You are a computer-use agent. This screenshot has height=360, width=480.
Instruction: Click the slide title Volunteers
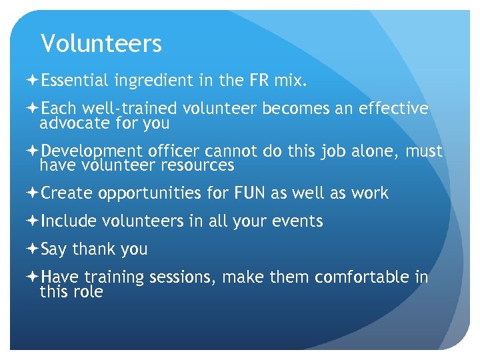101,44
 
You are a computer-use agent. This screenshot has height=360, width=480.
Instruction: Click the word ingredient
154,81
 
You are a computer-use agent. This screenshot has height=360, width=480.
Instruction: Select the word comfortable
361,277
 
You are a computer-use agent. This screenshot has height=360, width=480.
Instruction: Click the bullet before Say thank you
33,249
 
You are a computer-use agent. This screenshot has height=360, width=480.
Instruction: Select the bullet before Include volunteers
33,221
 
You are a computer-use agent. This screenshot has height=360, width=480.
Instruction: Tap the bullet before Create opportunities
33,193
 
